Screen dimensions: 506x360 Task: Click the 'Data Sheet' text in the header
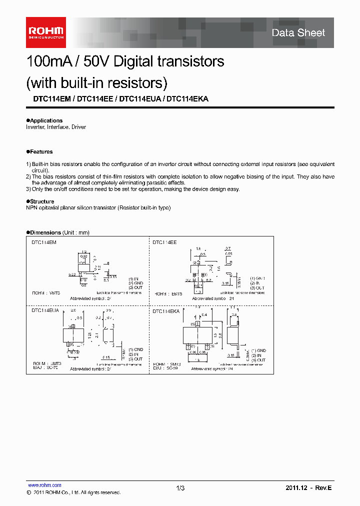pyautogui.click(x=298, y=33)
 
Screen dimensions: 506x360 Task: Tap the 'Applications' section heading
pyautogui.click(x=46, y=120)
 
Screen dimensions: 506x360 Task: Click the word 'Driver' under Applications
pyautogui.click(x=78, y=127)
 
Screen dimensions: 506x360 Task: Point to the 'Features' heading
pyautogui.click(x=41, y=151)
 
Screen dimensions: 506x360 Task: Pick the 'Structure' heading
pyautogui.click(x=42, y=201)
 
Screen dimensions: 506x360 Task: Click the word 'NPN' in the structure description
pyautogui.click(x=31, y=207)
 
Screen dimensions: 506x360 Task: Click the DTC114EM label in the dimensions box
pyautogui.click(x=44, y=242)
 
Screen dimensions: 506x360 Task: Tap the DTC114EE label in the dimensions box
pyautogui.click(x=164, y=242)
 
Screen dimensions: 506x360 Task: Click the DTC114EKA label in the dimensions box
pyautogui.click(x=166, y=311)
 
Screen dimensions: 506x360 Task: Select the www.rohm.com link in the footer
pyautogui.click(x=44, y=485)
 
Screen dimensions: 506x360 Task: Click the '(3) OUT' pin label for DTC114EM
pyautogui.click(x=135, y=287)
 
